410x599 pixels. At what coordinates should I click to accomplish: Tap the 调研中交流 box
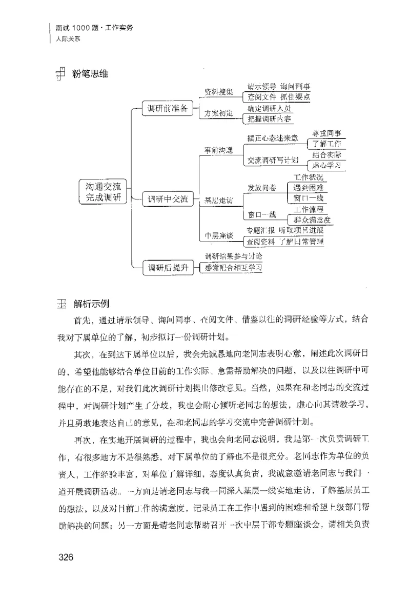(168, 198)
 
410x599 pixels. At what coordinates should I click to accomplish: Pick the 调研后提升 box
(166, 267)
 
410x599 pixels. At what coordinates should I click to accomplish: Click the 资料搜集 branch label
(218, 92)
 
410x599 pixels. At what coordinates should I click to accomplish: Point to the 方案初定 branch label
(218, 113)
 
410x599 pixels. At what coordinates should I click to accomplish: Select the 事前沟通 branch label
(219, 151)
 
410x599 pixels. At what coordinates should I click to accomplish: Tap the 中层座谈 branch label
(219, 236)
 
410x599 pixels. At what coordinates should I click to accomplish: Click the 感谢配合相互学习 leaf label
(233, 267)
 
